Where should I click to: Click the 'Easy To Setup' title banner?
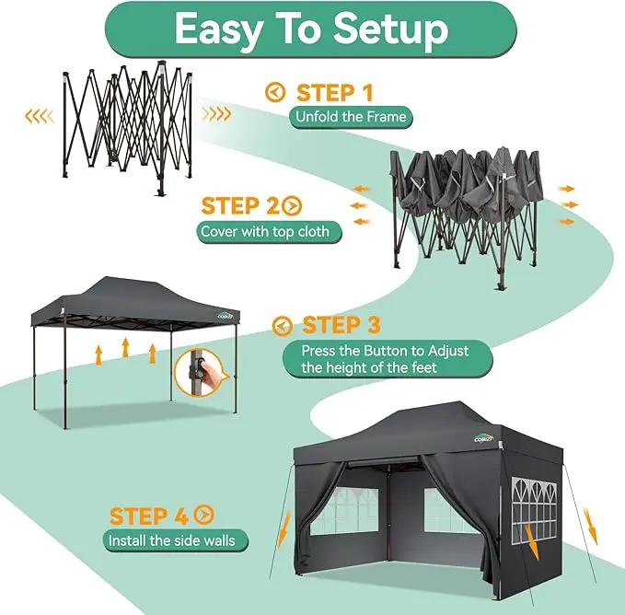click(311, 29)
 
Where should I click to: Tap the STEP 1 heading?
click(334, 92)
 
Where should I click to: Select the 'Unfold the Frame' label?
click(351, 117)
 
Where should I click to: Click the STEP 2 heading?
click(240, 206)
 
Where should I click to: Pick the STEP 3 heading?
click(341, 325)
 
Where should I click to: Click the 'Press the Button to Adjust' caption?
click(385, 351)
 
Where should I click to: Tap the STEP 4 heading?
click(148, 516)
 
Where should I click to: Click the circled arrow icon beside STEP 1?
click(275, 92)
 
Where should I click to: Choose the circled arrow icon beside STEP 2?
click(292, 206)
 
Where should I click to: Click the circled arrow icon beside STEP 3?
click(283, 326)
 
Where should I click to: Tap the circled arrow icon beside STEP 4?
click(204, 515)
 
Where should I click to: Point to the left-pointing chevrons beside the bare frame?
click(39, 116)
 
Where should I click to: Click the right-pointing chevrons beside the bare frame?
click(216, 113)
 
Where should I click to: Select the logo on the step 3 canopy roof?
click(226, 316)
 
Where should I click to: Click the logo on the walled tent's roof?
click(484, 437)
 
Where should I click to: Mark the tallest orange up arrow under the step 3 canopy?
click(125, 348)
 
